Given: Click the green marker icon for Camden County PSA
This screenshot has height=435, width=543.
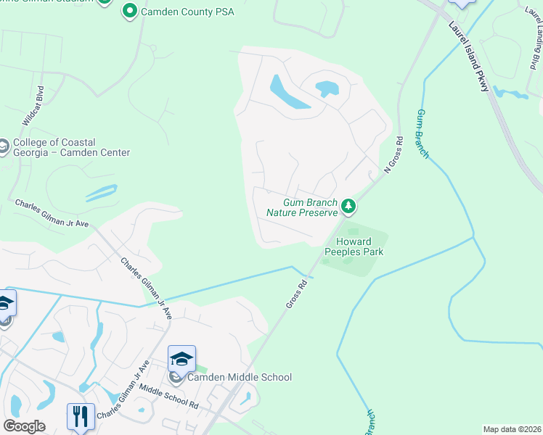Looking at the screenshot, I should tap(130, 11).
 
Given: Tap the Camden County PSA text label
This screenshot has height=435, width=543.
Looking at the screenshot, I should tap(178, 11).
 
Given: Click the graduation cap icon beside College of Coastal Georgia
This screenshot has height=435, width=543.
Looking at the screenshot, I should tap(3, 147).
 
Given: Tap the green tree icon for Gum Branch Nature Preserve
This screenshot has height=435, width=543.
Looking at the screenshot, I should tap(348, 207).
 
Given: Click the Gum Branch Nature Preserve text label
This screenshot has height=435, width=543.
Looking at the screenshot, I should tap(301, 207).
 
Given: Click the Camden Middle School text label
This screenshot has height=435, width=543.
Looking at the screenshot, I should tap(240, 377).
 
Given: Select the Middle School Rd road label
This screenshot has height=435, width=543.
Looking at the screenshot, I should tap(169, 397).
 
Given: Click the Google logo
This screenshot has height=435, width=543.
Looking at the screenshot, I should tap(24, 426).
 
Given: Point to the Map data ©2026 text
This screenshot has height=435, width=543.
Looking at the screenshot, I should tap(512, 429).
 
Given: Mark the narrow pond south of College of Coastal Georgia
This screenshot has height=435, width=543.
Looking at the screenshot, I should tap(101, 193).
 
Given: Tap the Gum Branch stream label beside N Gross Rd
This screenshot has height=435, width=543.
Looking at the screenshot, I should tap(422, 134).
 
